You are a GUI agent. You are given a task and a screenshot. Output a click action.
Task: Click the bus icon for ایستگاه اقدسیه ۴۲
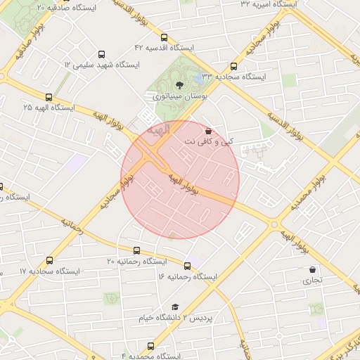click(x=164, y=37)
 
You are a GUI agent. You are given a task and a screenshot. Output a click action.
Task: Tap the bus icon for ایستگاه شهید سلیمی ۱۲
click(x=101, y=54)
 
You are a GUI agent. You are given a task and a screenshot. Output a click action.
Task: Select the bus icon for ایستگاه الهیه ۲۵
click(x=49, y=98)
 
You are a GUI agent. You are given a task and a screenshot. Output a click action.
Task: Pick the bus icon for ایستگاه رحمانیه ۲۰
click(x=136, y=250)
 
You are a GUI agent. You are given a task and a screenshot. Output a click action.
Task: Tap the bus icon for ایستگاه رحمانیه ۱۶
click(x=188, y=266)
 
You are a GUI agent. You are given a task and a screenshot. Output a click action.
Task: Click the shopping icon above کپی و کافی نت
click(x=208, y=131)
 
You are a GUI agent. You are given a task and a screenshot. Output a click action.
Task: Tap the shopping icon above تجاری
click(x=312, y=269)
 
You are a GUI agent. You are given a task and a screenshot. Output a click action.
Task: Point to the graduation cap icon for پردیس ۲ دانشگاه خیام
click(x=175, y=307)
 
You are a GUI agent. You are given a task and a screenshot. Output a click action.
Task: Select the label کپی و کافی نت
click(x=208, y=142)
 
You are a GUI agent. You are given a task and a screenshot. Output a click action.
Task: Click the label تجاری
click(x=312, y=281)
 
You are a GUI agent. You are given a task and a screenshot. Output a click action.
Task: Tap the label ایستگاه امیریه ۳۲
click(x=268, y=4)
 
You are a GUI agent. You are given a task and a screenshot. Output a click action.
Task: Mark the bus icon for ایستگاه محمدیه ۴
click(x=151, y=347)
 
